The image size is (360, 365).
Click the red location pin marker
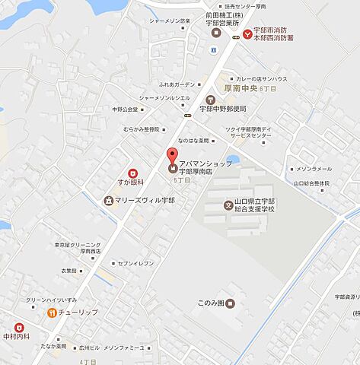[x=173, y=157]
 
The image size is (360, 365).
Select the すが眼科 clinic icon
[x=132, y=173]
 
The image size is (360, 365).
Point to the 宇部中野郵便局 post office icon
[x=211, y=100]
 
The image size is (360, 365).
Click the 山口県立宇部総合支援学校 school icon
[x=227, y=205]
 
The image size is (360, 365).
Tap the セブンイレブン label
[x=135, y=262]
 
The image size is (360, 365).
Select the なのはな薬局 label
[x=193, y=141]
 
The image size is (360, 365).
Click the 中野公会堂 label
[x=126, y=109]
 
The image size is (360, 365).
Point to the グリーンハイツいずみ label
[x=47, y=300]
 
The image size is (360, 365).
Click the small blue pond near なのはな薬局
[x=233, y=160]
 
